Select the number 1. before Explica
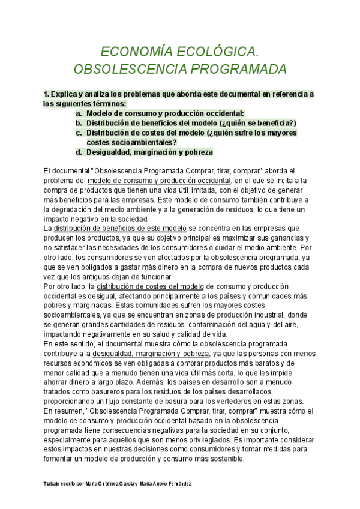pyautogui.click(x=47, y=94)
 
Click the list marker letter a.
pyautogui.click(x=78, y=113)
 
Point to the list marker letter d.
pyautogui.click(x=78, y=152)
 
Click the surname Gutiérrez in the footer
pyautogui.click(x=98, y=483)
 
